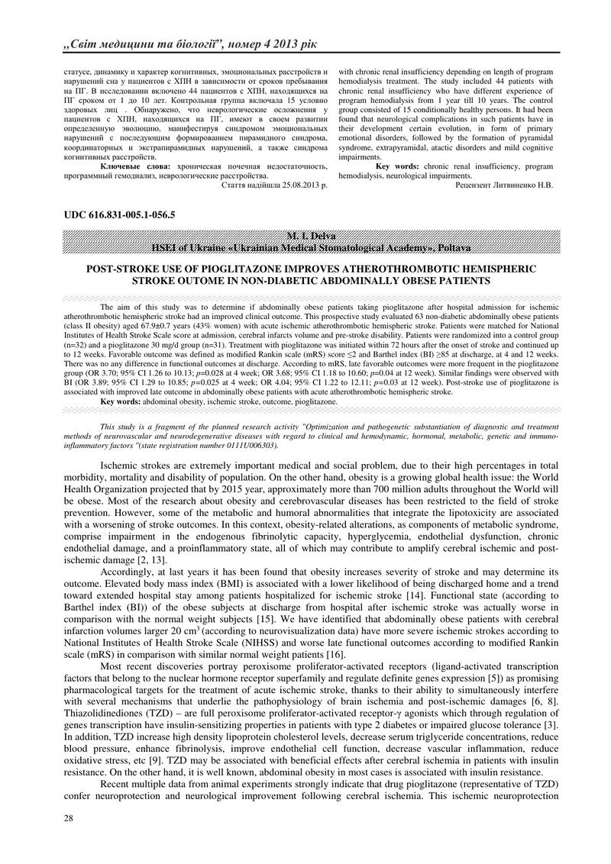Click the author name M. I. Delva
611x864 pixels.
click(x=305, y=236)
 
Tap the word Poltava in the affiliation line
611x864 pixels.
click(x=454, y=248)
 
